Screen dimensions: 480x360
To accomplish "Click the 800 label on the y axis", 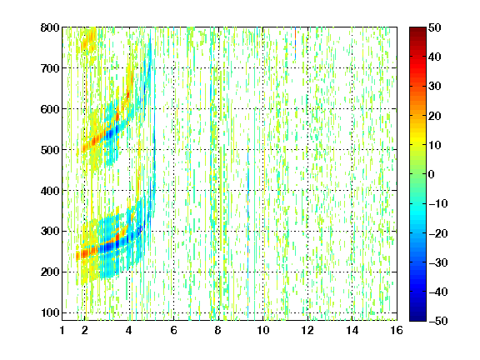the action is [x=50, y=27].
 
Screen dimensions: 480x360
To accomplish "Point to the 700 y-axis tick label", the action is [x=50, y=68].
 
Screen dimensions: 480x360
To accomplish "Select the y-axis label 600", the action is [x=50, y=109].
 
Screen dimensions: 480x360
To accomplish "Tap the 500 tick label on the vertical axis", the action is [x=50, y=150].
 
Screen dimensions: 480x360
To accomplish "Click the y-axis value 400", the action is [x=50, y=191].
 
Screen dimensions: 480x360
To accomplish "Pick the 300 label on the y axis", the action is [x=50, y=232].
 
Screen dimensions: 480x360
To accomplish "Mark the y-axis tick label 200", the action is [x=50, y=272].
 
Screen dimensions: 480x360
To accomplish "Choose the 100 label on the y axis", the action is [x=50, y=312].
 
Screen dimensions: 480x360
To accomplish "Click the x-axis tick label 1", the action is [x=62, y=330].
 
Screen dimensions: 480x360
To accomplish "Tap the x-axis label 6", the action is [x=174, y=330].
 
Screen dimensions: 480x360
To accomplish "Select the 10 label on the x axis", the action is [x=263, y=330].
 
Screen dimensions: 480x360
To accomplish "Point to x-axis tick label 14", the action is [x=352, y=330].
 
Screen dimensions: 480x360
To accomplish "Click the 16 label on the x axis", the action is [x=397, y=330].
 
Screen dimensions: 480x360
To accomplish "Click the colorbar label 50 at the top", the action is [x=435, y=27].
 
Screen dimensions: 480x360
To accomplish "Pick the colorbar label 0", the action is [x=432, y=174].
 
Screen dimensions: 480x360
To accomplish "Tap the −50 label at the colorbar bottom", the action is [x=438, y=321].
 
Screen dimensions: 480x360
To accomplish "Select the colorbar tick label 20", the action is [x=435, y=116].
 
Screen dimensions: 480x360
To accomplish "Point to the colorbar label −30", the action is [x=438, y=262].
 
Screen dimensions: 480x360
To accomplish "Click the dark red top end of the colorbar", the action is [x=417, y=30].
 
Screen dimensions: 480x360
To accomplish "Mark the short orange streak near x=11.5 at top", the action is [x=295, y=37].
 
